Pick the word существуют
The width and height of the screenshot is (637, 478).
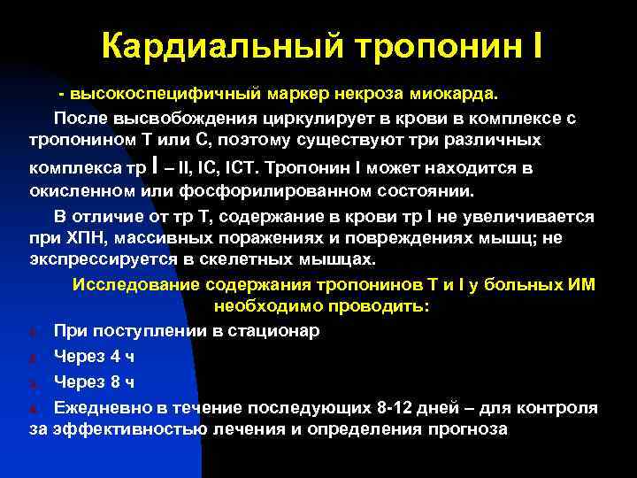click(x=365, y=141)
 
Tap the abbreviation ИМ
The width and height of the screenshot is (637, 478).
click(x=581, y=284)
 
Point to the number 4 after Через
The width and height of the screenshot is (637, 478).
click(x=117, y=356)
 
